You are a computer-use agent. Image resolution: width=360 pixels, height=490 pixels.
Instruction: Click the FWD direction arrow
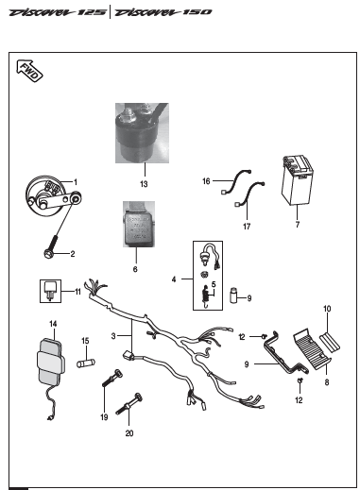(x=29, y=71)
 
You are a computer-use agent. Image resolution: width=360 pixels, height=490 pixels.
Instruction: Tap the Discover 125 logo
(x=58, y=12)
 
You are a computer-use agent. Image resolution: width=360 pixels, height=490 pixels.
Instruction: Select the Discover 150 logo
(x=163, y=12)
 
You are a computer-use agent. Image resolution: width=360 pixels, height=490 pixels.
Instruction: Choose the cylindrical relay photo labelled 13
(x=142, y=133)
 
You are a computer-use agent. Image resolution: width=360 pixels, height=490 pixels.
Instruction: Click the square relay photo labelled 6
(x=139, y=224)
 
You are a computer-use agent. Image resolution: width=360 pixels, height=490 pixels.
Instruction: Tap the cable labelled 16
(x=236, y=181)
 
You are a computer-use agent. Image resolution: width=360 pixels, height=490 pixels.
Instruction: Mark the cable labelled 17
(x=249, y=194)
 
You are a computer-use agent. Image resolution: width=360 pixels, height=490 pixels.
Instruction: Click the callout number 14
(x=53, y=324)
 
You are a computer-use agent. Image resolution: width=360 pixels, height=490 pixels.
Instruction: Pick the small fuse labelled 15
(x=86, y=363)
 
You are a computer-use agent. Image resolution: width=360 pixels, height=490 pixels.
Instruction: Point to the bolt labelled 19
(x=112, y=378)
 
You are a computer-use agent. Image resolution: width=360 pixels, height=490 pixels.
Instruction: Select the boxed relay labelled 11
(x=50, y=291)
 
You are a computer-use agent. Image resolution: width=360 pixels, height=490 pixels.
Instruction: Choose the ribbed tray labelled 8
(x=312, y=348)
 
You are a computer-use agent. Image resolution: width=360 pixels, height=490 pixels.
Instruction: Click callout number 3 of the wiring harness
(x=113, y=336)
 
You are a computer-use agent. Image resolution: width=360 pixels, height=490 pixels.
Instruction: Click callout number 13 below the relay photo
(x=144, y=184)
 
